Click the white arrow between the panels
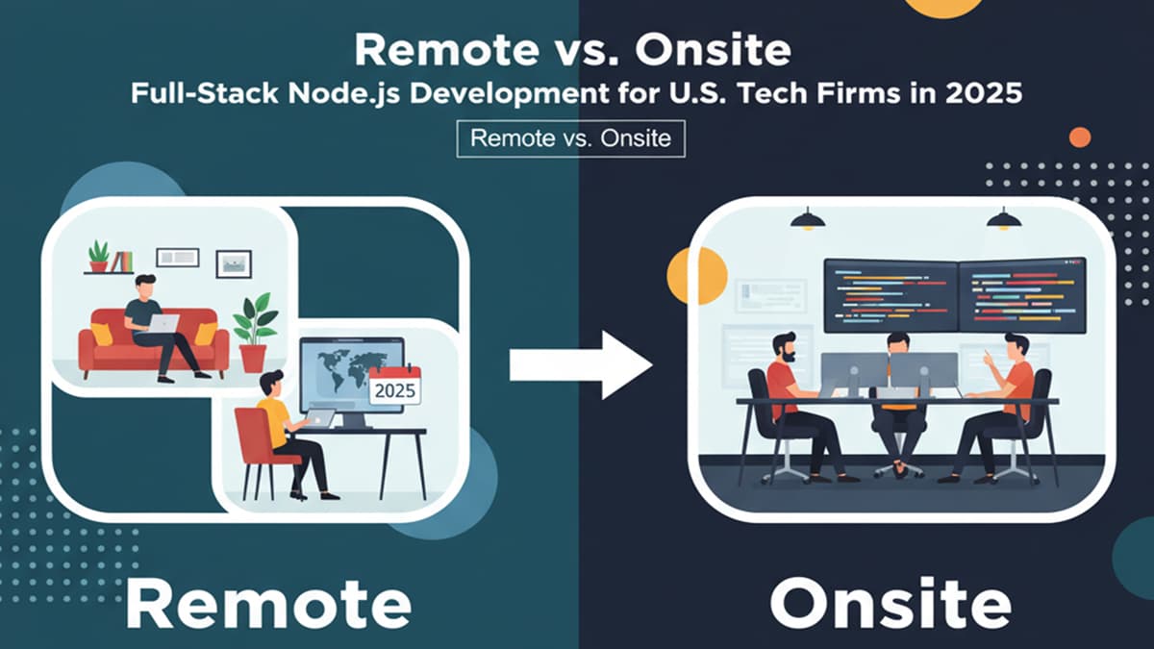click(581, 365)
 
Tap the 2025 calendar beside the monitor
click(394, 386)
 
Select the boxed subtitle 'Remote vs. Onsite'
click(571, 138)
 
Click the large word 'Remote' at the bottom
click(268, 602)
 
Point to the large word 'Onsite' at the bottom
click(891, 602)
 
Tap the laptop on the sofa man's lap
click(163, 323)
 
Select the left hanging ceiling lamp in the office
click(807, 219)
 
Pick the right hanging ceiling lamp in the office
click(1004, 219)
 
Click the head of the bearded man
click(785, 348)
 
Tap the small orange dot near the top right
click(1080, 137)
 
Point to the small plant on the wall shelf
click(98, 256)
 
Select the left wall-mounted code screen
click(891, 295)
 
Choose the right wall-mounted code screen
click(1022, 295)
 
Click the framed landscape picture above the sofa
click(234, 263)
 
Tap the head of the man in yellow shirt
click(271, 384)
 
